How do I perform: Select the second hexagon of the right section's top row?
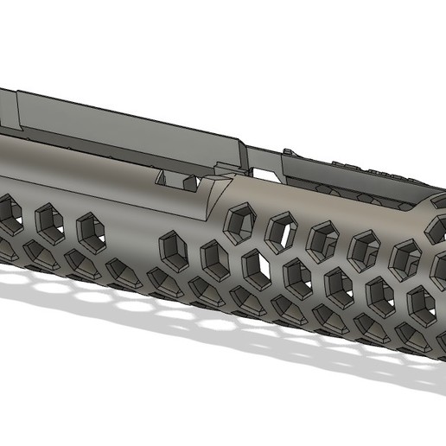pyautogui.click(x=280, y=230)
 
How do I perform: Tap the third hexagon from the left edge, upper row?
pyautogui.click(x=90, y=230)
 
